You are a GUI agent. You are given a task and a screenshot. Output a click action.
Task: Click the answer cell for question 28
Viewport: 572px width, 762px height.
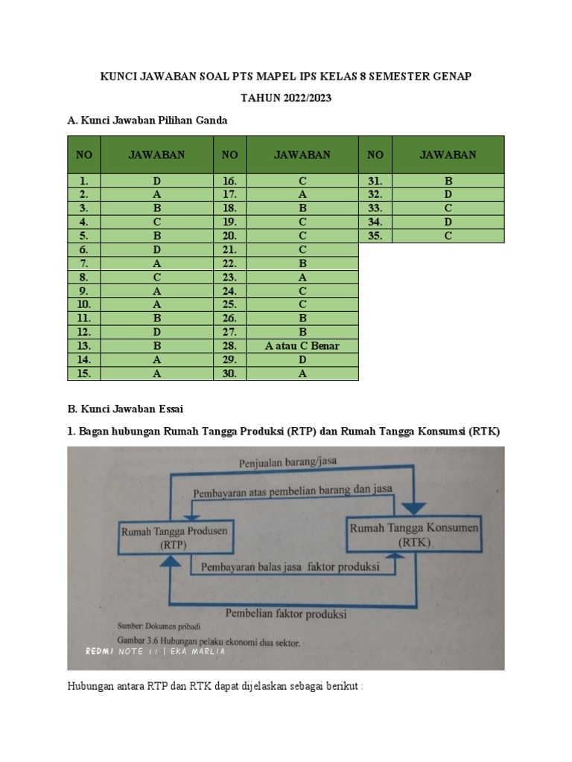tap(302, 346)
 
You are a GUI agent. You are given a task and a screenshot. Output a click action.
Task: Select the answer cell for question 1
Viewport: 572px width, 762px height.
tap(156, 180)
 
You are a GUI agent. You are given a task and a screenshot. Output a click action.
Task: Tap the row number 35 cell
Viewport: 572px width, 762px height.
tap(376, 236)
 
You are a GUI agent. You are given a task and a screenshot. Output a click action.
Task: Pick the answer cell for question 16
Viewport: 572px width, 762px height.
tap(302, 180)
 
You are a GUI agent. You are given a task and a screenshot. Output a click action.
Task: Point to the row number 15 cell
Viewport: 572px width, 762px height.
tap(84, 374)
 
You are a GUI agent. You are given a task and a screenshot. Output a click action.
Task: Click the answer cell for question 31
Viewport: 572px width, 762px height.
tap(448, 180)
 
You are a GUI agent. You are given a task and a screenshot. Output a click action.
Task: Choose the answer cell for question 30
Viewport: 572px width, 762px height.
tap(302, 374)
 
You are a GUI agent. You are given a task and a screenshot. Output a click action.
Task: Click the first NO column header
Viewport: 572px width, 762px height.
tap(84, 155)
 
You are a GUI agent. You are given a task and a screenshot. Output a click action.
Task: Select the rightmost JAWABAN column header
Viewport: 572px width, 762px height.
tap(448, 155)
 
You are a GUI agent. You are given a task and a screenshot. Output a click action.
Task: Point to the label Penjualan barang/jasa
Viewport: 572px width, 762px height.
tap(287, 462)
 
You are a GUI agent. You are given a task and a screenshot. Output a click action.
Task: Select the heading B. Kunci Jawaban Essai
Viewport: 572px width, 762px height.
tap(125, 409)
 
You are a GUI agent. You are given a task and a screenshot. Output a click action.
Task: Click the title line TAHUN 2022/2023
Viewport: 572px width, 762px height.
tap(286, 97)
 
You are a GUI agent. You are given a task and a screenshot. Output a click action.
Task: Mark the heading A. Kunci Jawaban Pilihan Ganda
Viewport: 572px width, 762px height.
tap(147, 120)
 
